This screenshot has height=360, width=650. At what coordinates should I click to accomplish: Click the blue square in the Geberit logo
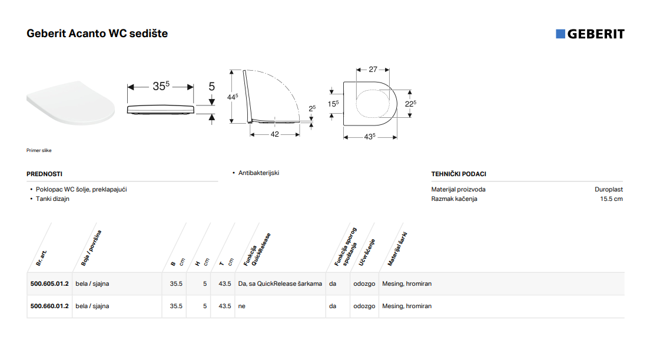click(561, 34)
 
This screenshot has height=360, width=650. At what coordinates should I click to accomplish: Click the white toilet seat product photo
click(71, 103)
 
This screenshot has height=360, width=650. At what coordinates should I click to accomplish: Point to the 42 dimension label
click(274, 134)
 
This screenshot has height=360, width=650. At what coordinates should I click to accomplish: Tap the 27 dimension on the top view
click(373, 70)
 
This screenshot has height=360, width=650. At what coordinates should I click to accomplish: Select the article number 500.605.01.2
click(49, 283)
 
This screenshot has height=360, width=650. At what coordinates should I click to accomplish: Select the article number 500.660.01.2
click(49, 306)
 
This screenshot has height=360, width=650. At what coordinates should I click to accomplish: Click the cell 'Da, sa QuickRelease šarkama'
click(280, 283)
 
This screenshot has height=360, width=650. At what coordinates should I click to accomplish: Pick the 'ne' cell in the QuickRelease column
click(241, 306)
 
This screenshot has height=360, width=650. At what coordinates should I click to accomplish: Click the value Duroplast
click(609, 189)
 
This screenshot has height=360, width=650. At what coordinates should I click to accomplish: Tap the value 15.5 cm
click(611, 199)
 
